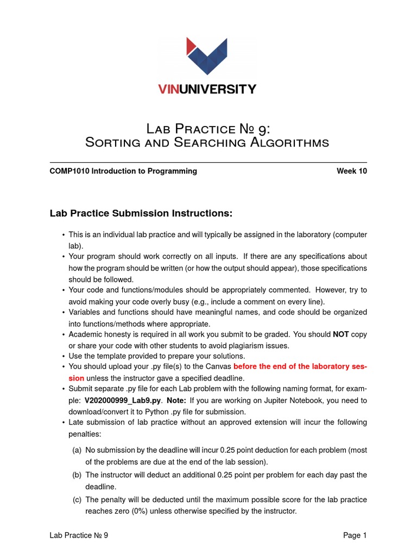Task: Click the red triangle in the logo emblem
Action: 191,46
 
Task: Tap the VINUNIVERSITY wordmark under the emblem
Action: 207,89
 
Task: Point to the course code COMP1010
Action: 69,171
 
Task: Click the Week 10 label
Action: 351,171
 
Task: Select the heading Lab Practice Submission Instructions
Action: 141,214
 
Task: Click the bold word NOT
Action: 341,334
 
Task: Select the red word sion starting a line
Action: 77,378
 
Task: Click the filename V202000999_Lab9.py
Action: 123,400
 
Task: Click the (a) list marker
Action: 77,450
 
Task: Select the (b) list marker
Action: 77,475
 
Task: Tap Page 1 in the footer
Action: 355,535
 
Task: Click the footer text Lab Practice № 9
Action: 79,535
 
